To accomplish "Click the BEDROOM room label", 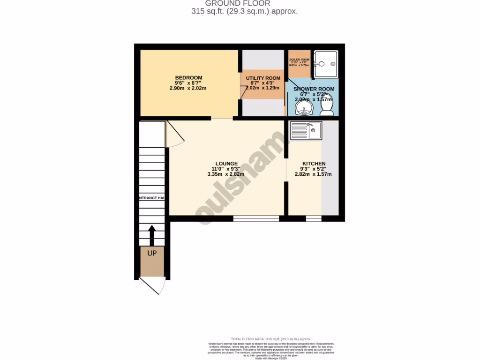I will click(x=188, y=78).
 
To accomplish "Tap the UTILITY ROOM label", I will click(x=263, y=78).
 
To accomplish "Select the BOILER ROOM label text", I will click(x=299, y=60).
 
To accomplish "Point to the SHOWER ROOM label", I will click(x=314, y=89).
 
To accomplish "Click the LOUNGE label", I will click(x=226, y=164).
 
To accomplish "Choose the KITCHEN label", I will click(x=313, y=164).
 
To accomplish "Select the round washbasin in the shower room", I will click(x=304, y=109).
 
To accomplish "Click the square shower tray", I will click(x=325, y=64).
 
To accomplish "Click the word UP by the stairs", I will click(x=152, y=253).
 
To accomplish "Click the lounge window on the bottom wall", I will click(x=256, y=218).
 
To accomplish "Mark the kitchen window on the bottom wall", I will click(x=314, y=218).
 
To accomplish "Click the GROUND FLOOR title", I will click(x=244, y=3).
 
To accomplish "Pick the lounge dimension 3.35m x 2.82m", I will click(x=226, y=174).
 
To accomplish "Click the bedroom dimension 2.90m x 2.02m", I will click(x=188, y=88).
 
